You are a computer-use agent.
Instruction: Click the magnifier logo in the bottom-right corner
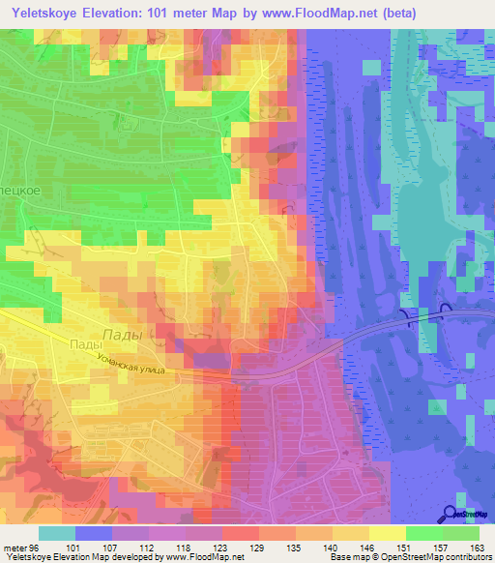click(451, 514)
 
